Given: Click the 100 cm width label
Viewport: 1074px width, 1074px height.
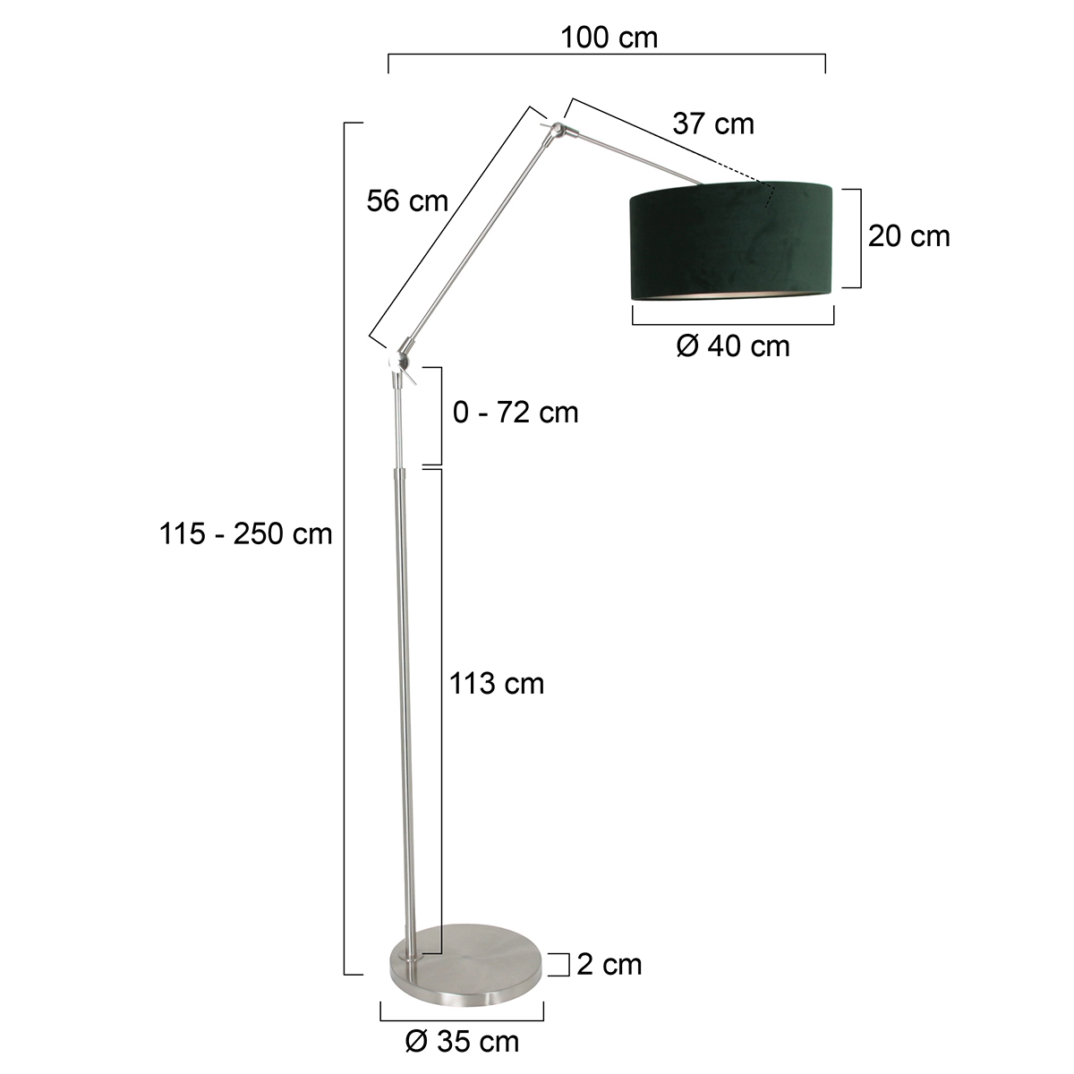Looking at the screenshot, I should click(x=609, y=38).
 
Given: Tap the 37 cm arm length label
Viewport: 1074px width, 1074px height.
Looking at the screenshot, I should click(x=713, y=124).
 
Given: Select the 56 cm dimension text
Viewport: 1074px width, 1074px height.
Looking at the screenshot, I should click(x=407, y=201).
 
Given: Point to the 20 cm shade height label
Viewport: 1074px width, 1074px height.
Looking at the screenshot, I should click(x=908, y=236).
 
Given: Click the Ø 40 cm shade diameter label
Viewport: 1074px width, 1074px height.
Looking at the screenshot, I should click(x=733, y=345).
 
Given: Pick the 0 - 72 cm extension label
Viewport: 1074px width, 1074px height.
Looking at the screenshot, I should click(x=516, y=413).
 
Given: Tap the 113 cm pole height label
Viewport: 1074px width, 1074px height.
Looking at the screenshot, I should click(x=497, y=684).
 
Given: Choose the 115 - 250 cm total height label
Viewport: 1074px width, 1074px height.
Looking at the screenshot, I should click(x=246, y=534).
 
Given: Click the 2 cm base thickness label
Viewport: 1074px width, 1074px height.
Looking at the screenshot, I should click(x=609, y=964).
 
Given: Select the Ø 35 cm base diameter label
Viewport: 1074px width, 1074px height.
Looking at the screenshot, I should click(x=462, y=1041).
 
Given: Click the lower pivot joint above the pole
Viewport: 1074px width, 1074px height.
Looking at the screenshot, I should click(x=398, y=361).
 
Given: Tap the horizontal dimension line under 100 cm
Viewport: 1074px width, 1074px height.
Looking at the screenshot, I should click(x=607, y=55).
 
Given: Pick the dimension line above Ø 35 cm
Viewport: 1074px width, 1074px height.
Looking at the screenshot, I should click(x=462, y=1019).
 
